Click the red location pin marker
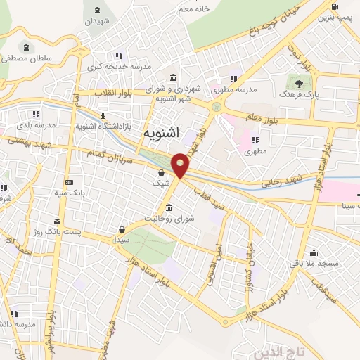coord(181,165)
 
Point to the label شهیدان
coord(98,22)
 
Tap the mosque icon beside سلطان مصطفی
coord(26,48)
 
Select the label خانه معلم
coord(193,9)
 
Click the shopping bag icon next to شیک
coord(162,172)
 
